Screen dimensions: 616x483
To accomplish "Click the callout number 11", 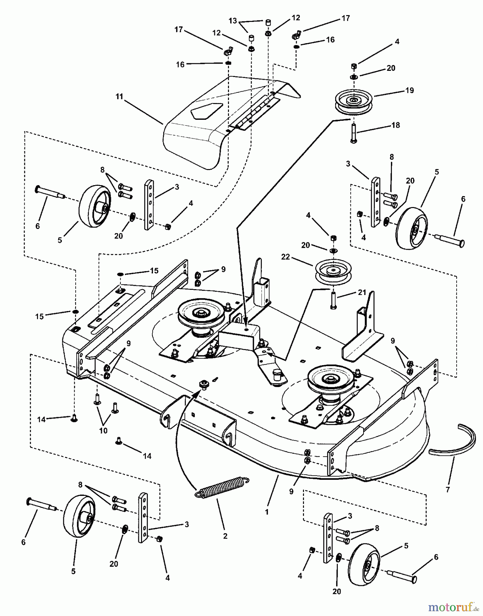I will [x=119, y=97].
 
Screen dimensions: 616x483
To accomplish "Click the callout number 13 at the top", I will [x=233, y=21].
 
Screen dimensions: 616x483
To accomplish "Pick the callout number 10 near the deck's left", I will [x=103, y=430].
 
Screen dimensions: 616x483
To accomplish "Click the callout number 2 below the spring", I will [x=225, y=536].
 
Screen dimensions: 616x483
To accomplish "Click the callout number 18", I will [x=395, y=125].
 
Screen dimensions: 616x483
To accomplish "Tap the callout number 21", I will [x=362, y=292].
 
